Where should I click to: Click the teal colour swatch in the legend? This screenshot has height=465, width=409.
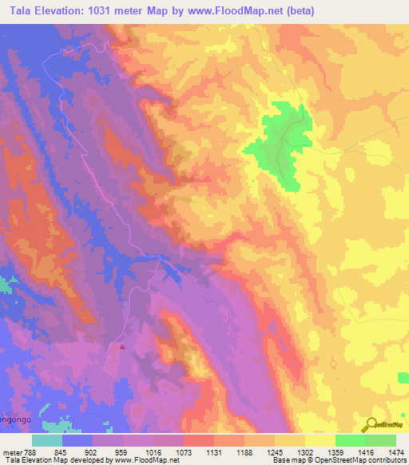[47, 440]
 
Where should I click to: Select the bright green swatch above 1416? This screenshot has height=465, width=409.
[350, 440]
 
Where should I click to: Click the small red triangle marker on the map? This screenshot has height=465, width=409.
[122, 347]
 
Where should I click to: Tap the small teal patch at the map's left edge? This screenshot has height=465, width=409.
[6, 283]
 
